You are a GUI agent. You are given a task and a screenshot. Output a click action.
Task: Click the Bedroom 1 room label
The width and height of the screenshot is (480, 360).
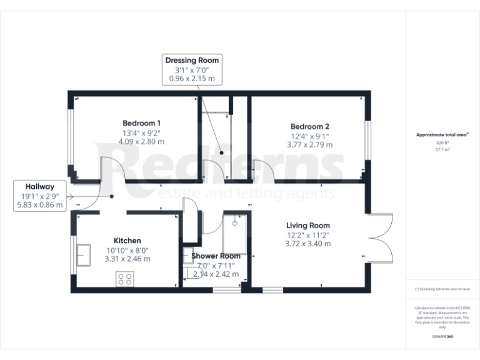[141, 122]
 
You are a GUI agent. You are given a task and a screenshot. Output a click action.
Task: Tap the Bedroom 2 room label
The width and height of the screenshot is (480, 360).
[309, 126]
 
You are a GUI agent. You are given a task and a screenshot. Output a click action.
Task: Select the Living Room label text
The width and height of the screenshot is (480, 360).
[308, 225]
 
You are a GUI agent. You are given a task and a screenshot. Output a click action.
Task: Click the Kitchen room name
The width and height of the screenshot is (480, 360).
[127, 240]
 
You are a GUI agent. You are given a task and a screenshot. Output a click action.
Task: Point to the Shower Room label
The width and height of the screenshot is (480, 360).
[216, 256]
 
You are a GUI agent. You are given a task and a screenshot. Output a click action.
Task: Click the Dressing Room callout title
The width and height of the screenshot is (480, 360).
[192, 60]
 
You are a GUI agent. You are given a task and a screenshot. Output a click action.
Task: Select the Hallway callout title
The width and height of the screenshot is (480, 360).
[40, 186]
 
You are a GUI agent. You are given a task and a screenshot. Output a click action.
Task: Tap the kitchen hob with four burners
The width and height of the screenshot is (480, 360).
[124, 279]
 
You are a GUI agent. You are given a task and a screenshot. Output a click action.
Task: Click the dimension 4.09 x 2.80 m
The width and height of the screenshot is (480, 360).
[141, 141]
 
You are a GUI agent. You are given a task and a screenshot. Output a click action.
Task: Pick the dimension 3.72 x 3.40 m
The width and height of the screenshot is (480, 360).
[308, 244]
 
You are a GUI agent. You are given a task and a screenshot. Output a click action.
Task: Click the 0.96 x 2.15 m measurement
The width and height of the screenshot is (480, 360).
[192, 79]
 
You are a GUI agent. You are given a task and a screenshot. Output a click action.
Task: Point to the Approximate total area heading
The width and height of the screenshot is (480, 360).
[442, 135]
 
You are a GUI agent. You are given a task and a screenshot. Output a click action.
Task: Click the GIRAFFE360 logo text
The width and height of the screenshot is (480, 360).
[442, 337]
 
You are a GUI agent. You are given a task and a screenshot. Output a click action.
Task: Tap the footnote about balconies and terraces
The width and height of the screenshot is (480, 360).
[442, 289]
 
